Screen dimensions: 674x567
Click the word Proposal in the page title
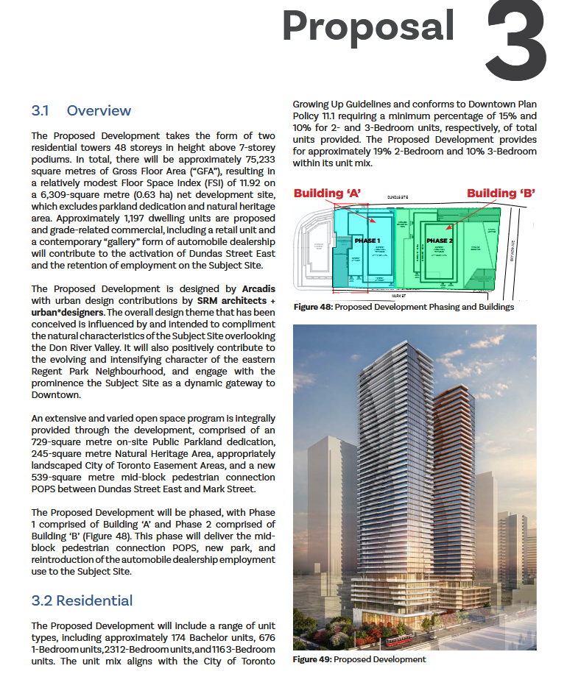click(368, 26)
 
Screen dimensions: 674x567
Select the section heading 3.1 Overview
click(81, 111)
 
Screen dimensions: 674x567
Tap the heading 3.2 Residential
click(82, 600)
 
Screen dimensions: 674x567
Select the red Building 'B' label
click(501, 194)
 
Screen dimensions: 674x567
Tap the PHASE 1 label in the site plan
click(367, 241)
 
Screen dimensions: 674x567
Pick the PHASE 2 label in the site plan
click(440, 241)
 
